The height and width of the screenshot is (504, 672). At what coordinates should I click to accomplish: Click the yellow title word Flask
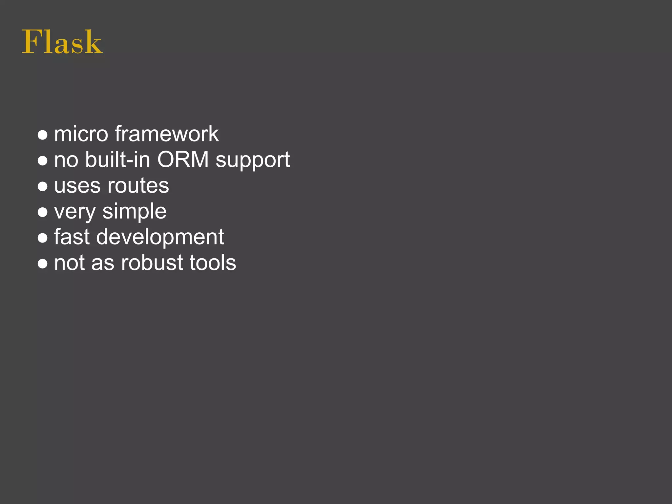click(x=62, y=42)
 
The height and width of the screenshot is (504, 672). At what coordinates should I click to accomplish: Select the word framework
click(x=167, y=134)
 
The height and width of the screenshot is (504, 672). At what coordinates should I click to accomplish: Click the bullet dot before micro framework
click(x=43, y=135)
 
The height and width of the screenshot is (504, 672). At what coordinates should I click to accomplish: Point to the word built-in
click(x=118, y=160)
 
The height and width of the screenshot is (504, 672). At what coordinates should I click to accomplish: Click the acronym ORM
click(x=183, y=160)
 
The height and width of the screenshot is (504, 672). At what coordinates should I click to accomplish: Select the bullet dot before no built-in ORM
click(x=43, y=161)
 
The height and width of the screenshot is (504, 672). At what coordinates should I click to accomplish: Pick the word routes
click(x=138, y=186)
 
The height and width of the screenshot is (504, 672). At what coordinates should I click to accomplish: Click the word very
click(x=75, y=212)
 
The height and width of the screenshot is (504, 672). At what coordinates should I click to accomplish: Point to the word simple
click(x=135, y=212)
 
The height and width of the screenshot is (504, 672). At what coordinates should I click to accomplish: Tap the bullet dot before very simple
click(x=43, y=212)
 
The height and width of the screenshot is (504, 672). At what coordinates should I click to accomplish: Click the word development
click(x=160, y=238)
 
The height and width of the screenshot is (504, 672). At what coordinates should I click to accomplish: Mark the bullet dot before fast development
click(x=43, y=238)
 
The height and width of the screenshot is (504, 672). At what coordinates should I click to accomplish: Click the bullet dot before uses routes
click(x=43, y=186)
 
